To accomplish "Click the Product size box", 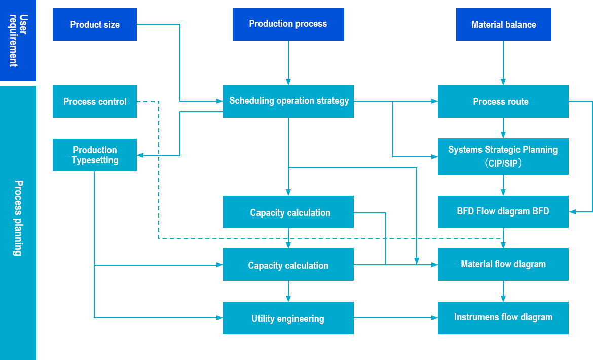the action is point(95,24).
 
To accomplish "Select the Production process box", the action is point(288,24).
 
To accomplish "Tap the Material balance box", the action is point(503,24).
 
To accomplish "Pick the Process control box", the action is point(95,101).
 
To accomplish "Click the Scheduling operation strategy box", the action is point(288,101).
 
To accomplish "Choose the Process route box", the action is point(503,101).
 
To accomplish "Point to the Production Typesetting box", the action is point(95,155).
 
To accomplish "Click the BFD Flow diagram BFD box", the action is point(503,212).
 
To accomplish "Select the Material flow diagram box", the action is point(503,265).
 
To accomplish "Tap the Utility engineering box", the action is point(288,318).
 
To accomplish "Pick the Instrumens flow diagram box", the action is point(503,318).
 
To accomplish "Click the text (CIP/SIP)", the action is point(503,163).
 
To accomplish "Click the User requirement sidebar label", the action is point(18,41).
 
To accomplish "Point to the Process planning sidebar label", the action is point(18,218).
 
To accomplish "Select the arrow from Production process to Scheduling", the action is point(288,63).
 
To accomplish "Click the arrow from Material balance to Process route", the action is point(503,63).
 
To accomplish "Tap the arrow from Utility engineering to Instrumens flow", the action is point(396,318).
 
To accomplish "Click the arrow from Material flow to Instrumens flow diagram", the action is point(503,291).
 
